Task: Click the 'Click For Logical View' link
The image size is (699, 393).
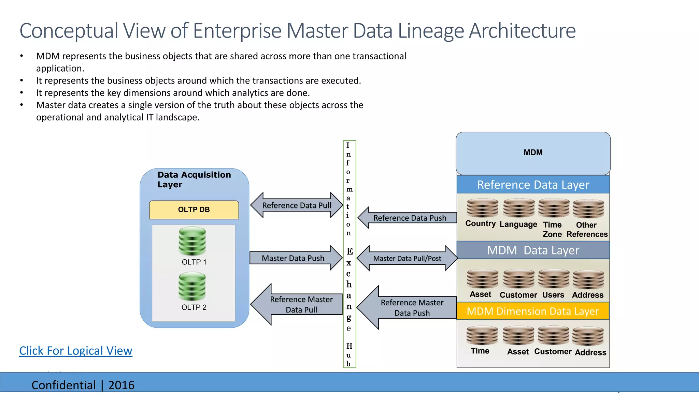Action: point(75,351)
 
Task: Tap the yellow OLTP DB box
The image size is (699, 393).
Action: point(194,209)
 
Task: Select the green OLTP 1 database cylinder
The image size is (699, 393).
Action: point(192,241)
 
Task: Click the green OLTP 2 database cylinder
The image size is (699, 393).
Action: point(192,286)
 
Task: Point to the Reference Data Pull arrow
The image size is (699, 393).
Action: point(296,205)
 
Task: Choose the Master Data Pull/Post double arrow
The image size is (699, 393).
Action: point(407,258)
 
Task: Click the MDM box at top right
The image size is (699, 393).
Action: point(533,153)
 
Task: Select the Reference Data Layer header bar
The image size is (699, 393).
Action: point(533,185)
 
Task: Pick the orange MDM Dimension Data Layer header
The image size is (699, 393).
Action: point(533,311)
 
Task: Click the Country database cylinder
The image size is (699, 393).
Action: point(482,208)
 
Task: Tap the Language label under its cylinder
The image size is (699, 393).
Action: point(518,224)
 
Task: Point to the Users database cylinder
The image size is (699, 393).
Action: point(554,279)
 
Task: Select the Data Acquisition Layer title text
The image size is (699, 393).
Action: point(194,179)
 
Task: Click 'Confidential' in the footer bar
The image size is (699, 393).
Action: point(63,385)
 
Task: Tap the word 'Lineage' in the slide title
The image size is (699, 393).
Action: point(431,31)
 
